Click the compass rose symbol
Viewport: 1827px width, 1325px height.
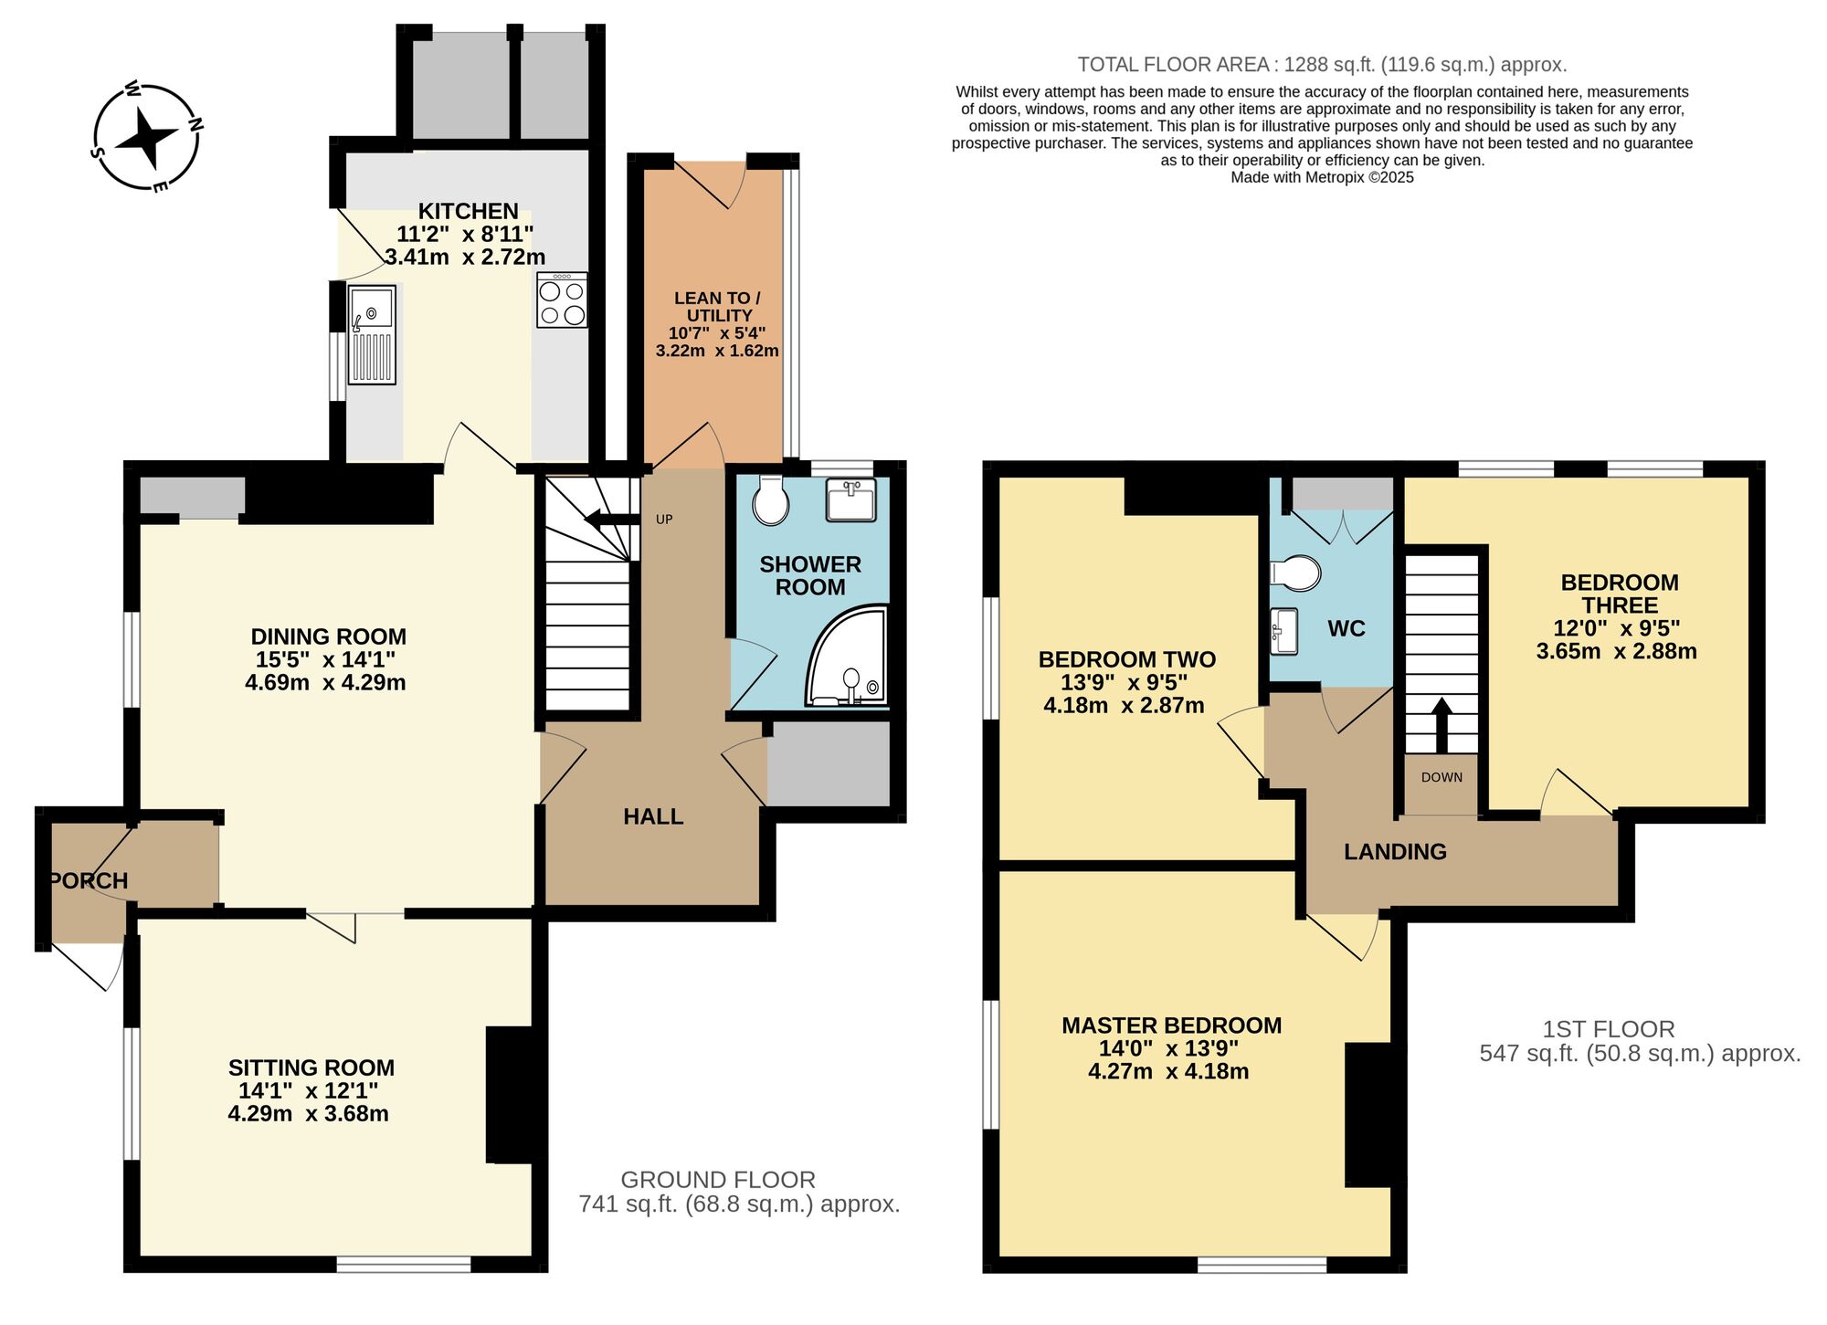(x=147, y=137)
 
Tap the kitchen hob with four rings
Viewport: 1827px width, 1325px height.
(x=562, y=300)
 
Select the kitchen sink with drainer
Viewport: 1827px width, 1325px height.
(x=372, y=334)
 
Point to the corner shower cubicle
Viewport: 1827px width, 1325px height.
(x=849, y=660)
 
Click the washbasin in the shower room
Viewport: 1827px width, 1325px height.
(x=850, y=500)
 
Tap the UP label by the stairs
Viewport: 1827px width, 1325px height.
(x=664, y=520)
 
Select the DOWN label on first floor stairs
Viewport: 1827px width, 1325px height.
(x=1442, y=777)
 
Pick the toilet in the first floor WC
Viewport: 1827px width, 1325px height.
(x=1296, y=573)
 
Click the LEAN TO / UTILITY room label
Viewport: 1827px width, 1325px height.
(x=717, y=307)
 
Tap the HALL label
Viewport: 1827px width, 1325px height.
(x=653, y=816)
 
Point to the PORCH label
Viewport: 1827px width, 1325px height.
(x=89, y=880)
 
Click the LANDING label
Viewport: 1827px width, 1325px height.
(x=1395, y=852)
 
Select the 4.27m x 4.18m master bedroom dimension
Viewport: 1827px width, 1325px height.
(x=1168, y=1072)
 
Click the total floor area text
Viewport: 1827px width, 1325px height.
(x=1322, y=65)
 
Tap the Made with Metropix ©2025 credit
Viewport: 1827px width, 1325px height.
(x=1322, y=177)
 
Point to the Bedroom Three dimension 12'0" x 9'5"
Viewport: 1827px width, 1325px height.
(x=1617, y=628)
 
